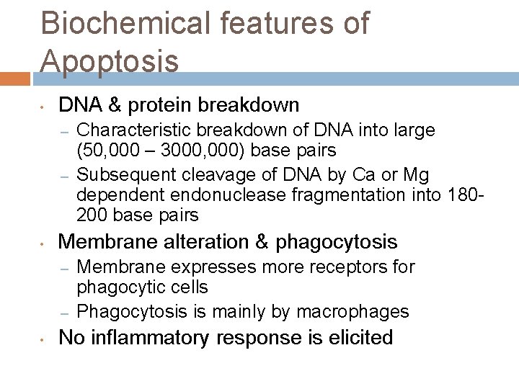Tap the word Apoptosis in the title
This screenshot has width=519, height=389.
pos(110,61)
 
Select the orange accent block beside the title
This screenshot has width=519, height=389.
pos(15,78)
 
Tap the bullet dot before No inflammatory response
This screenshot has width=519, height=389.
pos(44,339)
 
